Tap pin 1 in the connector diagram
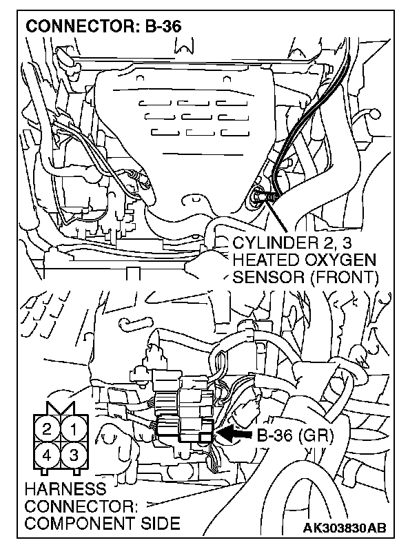coord(74,429)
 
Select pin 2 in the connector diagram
coord(48,429)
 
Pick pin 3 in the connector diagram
coord(74,455)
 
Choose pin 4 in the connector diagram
coord(48,455)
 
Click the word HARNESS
coord(65,490)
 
